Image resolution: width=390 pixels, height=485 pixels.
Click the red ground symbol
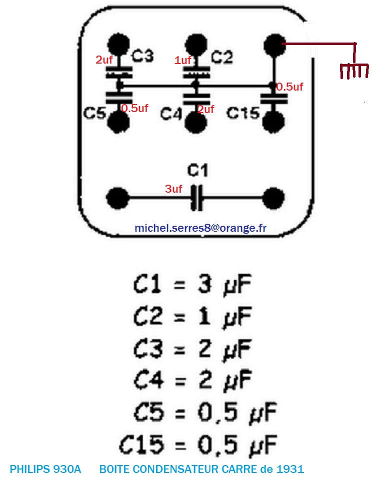(x=354, y=71)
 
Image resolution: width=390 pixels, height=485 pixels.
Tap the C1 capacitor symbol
(x=198, y=199)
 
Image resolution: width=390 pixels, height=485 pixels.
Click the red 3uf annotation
(x=174, y=189)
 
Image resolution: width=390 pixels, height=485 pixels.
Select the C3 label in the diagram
(x=142, y=57)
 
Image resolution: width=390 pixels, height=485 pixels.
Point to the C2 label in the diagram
(x=222, y=57)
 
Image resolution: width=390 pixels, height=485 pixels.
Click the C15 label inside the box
(x=243, y=113)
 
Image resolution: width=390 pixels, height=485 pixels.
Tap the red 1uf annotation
(x=183, y=61)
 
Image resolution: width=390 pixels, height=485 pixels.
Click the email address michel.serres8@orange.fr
(x=200, y=228)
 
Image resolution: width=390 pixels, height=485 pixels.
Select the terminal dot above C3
(x=118, y=45)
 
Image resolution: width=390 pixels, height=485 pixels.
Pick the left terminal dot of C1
(x=118, y=199)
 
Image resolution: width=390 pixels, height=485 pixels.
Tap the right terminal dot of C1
(x=274, y=199)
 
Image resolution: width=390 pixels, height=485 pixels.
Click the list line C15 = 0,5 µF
(x=197, y=443)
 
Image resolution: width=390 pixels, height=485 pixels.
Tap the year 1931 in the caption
(x=290, y=469)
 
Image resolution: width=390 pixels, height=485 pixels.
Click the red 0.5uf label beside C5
(x=134, y=108)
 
